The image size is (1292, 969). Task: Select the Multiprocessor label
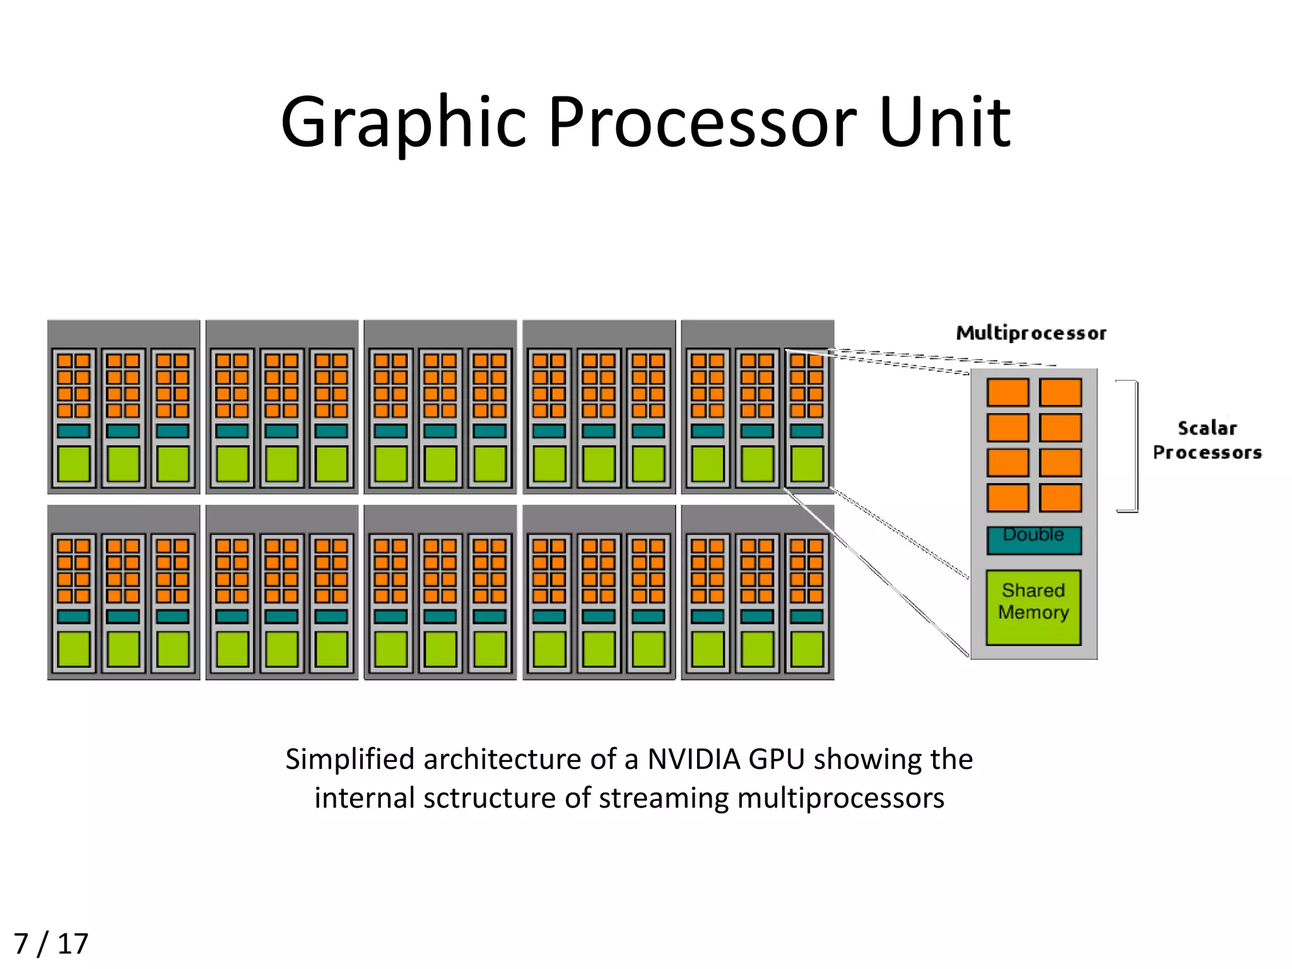[1031, 333]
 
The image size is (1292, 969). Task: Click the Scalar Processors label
[1206, 440]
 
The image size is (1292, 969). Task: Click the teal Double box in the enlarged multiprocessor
[1033, 540]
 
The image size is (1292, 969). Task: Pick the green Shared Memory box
[1033, 606]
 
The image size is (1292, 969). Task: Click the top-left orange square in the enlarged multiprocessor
[1007, 392]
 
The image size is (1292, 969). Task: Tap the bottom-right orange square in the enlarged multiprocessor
[1060, 497]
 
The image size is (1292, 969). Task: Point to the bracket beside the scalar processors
[1135, 445]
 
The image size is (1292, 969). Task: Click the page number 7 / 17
[50, 944]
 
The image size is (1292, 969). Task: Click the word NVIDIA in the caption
[693, 759]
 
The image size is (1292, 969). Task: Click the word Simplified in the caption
[349, 759]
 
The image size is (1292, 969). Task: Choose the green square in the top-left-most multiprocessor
[74, 464]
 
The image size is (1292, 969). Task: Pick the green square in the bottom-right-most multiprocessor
[806, 649]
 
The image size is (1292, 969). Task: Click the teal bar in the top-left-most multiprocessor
[74, 431]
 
